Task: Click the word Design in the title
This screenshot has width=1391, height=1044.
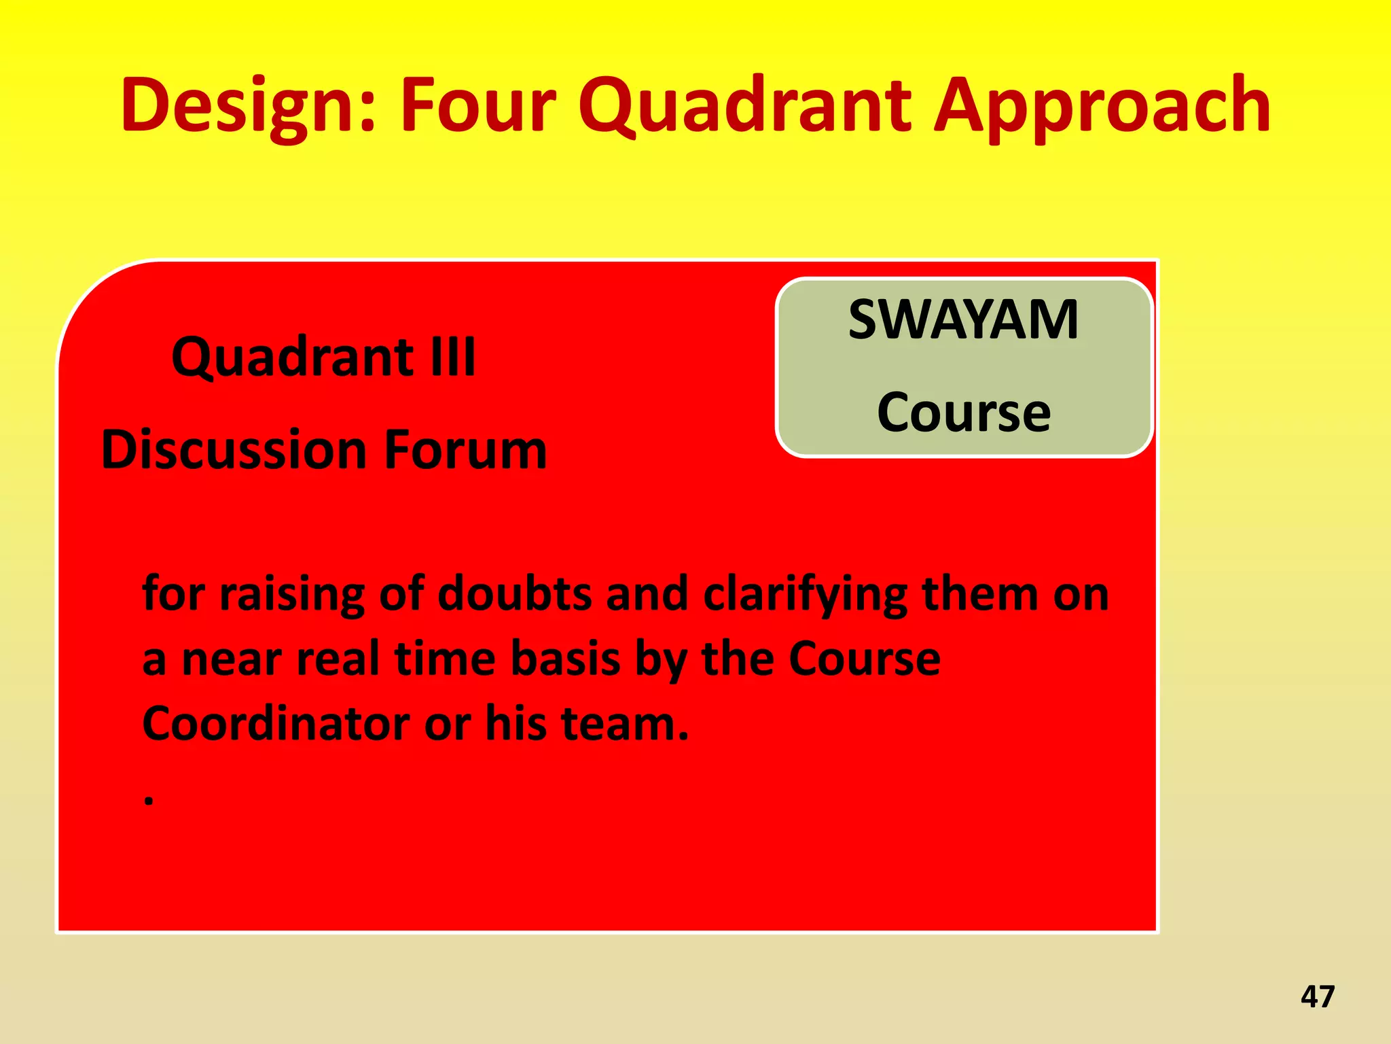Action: click(x=249, y=105)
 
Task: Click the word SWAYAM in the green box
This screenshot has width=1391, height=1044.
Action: click(x=963, y=320)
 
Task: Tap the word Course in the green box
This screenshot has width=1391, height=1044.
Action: click(x=963, y=413)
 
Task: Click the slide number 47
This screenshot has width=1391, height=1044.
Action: click(x=1318, y=996)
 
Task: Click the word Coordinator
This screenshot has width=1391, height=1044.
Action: click(x=276, y=723)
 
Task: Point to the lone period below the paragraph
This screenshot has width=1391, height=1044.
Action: click(x=149, y=801)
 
